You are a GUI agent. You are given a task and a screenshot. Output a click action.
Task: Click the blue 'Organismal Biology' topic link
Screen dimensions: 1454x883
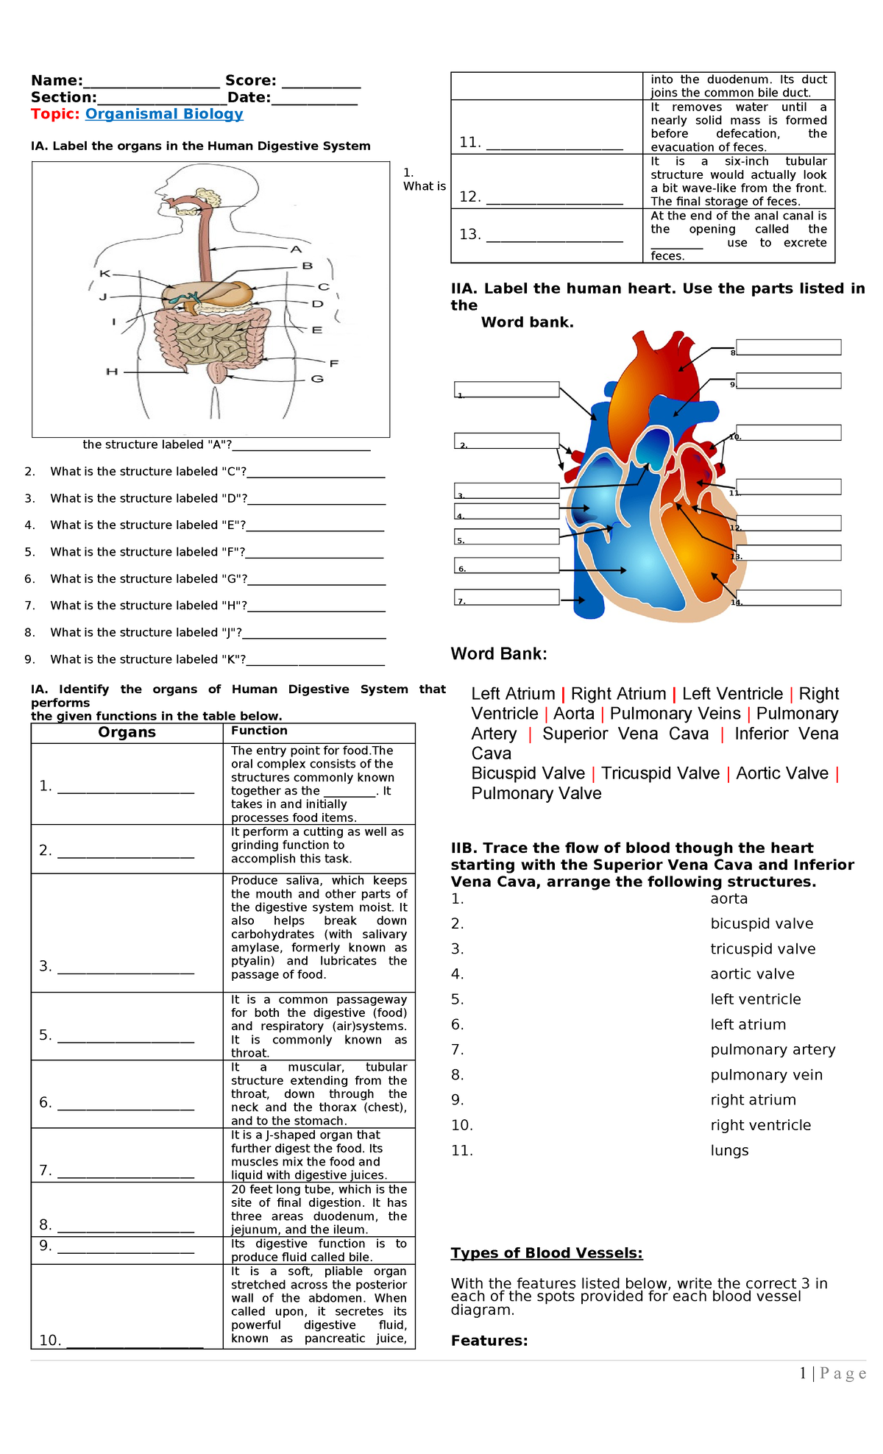(164, 114)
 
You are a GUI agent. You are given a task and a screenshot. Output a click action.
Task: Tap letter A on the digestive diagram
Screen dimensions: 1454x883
(297, 249)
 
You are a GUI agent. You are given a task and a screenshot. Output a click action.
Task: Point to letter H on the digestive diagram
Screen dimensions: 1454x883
(112, 372)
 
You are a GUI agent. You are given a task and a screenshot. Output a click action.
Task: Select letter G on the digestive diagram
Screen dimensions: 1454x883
(317, 379)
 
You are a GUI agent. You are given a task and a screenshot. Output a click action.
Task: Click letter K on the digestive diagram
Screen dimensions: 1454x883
(104, 274)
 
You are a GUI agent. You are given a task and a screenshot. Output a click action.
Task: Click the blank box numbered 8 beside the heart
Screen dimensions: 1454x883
(788, 347)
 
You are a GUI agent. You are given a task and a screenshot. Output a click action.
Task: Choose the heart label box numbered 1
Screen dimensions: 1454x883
(507, 389)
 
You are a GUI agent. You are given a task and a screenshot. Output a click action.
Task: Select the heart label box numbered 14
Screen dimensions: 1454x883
(788, 597)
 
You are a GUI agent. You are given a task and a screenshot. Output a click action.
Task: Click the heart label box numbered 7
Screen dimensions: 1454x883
(507, 597)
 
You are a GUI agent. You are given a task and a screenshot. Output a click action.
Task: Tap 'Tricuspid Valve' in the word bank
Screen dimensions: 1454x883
(660, 773)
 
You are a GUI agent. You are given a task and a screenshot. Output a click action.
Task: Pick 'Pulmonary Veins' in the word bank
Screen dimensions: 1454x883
(675, 714)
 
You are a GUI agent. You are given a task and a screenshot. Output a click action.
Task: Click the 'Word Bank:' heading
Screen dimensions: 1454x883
(498, 653)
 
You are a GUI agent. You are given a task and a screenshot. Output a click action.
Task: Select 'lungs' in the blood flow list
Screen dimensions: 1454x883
(729, 1150)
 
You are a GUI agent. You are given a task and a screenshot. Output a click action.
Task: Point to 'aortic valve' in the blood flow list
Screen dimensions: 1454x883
(752, 974)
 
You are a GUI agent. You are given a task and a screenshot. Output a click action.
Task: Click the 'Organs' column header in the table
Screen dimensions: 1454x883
(127, 732)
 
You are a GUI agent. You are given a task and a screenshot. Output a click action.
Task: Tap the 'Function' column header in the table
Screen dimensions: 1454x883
(259, 731)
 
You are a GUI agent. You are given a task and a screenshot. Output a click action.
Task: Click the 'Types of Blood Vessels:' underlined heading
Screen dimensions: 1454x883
(547, 1253)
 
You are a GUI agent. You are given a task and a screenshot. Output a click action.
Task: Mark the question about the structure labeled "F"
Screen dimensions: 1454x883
(147, 552)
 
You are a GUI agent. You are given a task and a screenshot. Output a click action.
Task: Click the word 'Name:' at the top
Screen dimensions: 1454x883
(57, 81)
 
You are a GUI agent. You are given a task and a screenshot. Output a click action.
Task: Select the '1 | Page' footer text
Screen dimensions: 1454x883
(832, 1373)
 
